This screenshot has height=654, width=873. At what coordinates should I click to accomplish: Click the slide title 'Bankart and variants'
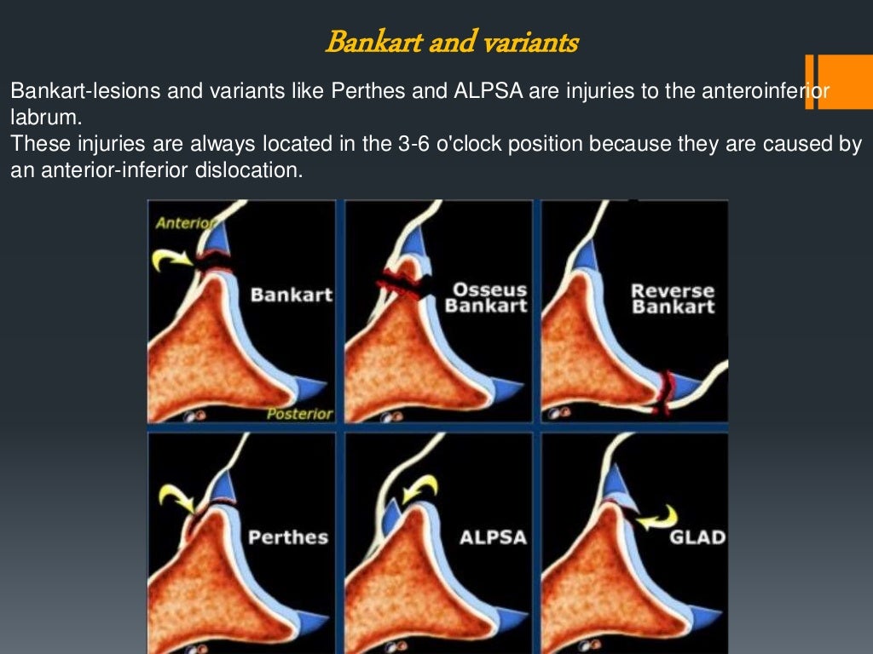click(x=452, y=41)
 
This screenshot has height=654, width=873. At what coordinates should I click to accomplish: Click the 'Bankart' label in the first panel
click(x=292, y=295)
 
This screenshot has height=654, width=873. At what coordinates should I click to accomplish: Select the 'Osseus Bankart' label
click(x=486, y=297)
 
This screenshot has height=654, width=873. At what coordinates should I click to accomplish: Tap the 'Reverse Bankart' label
click(x=673, y=298)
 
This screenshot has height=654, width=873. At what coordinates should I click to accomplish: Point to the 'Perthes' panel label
click(x=288, y=537)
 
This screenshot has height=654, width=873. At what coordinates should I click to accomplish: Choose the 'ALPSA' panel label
click(x=493, y=538)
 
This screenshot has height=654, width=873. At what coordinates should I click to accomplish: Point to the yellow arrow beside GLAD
click(x=658, y=517)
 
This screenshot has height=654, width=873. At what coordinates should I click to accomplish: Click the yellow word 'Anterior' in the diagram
click(x=183, y=223)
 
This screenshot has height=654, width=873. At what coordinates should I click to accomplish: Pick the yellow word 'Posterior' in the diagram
click(x=298, y=414)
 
